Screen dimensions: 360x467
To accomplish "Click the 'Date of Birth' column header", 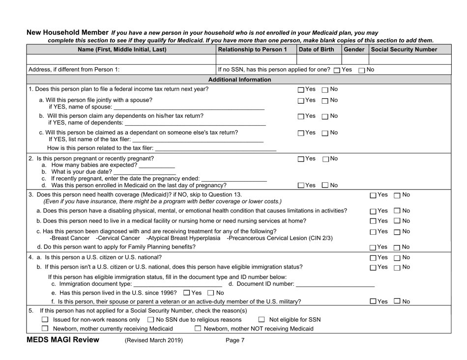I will [317, 49].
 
